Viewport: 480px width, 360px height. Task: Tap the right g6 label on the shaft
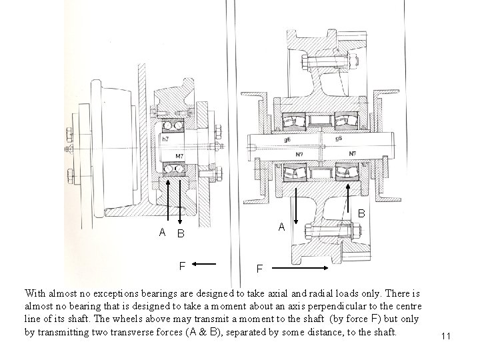(339, 139)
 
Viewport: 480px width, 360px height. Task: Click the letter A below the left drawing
(162, 233)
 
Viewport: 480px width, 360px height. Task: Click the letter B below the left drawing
(180, 234)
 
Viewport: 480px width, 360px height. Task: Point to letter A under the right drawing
(282, 227)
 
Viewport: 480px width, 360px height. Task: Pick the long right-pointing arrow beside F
(299, 268)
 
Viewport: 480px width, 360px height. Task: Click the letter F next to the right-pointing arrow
(260, 269)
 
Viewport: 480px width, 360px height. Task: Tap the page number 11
(446, 337)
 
